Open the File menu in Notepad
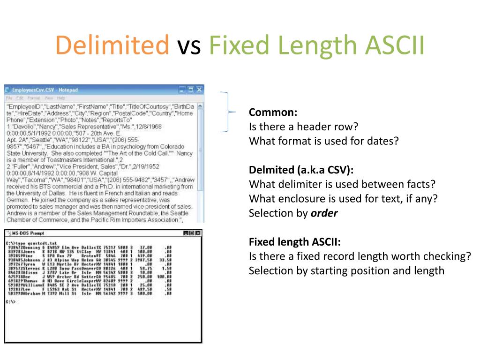[x=8, y=98]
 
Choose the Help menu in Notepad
[x=61, y=98]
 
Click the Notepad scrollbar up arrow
[x=201, y=106]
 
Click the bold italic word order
[x=324, y=213]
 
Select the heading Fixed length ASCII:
[x=295, y=242]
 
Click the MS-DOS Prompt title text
[x=28, y=233]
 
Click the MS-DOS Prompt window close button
[x=198, y=233]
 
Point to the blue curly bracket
[x=227, y=112]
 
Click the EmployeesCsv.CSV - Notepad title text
[x=45, y=90]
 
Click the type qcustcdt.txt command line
[x=29, y=244]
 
